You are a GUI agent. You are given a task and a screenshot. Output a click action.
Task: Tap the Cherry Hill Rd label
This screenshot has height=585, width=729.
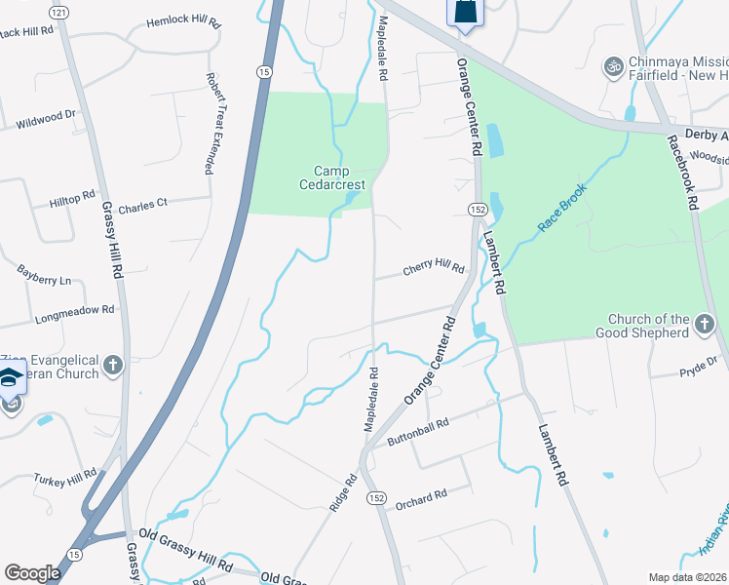(x=435, y=267)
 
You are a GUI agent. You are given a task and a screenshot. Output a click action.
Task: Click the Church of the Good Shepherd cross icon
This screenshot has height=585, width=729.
(x=705, y=320)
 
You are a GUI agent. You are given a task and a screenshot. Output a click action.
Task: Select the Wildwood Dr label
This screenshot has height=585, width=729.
(x=46, y=119)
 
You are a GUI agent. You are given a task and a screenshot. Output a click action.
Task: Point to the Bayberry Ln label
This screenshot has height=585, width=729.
(x=45, y=274)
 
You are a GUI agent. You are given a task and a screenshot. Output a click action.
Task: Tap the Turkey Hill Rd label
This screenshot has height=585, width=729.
(x=64, y=477)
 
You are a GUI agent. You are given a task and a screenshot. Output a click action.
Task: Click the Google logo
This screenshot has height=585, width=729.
(x=32, y=572)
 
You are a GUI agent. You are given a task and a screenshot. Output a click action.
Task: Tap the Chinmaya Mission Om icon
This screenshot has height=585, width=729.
(x=613, y=67)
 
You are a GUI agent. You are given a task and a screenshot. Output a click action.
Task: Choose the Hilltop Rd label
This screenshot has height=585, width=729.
(x=73, y=199)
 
